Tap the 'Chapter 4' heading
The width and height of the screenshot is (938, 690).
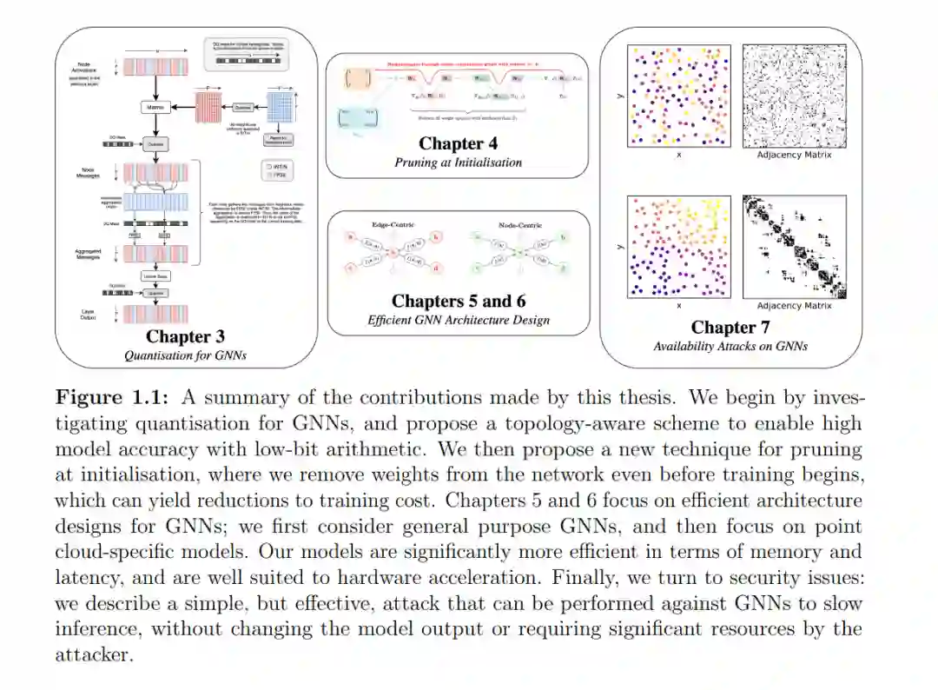(458, 143)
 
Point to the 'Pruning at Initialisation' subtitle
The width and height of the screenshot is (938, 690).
(458, 162)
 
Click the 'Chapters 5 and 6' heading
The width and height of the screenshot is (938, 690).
(458, 302)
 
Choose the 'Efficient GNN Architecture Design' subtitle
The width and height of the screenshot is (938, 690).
(458, 320)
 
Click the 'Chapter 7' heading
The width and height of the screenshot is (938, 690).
(730, 328)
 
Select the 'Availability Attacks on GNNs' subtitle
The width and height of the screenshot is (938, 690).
(730, 346)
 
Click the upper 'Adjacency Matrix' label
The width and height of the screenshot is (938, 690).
(794, 155)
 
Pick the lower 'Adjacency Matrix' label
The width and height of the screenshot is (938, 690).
(794, 306)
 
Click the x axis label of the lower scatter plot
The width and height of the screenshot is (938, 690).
(678, 306)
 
